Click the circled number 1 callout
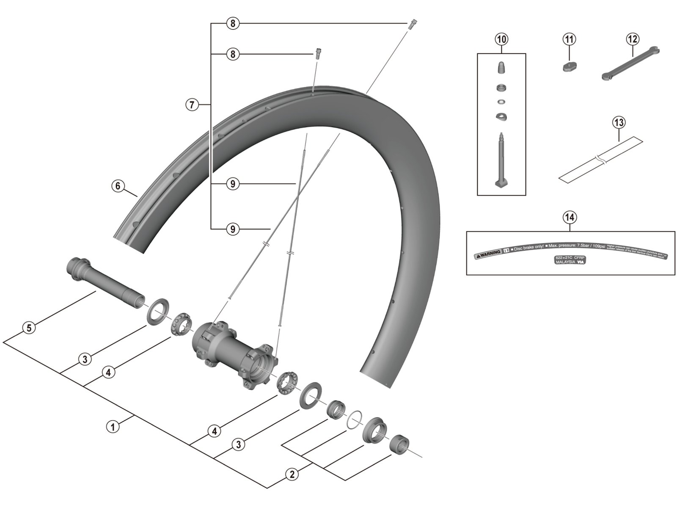(113, 427)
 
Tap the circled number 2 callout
(292, 475)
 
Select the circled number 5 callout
(29, 327)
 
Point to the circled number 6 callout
(118, 186)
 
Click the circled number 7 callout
(192, 104)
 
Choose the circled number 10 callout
(501, 39)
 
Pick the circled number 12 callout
(632, 39)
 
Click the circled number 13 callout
(619, 123)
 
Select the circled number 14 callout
(570, 217)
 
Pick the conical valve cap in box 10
(501, 68)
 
